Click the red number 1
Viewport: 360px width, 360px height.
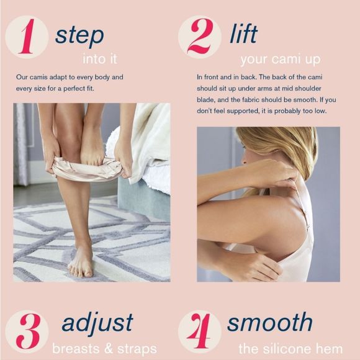pyautogui.click(x=27, y=36)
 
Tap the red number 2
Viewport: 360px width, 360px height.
pyautogui.click(x=200, y=36)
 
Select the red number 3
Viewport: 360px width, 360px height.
pyautogui.click(x=28, y=331)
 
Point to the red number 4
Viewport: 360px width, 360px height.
pyautogui.click(x=199, y=331)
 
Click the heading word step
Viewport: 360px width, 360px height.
pyautogui.click(x=79, y=36)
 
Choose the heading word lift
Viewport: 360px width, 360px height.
pyautogui.click(x=243, y=34)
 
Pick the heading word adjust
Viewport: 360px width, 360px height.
pyautogui.click(x=97, y=323)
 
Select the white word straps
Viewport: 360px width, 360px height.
pyautogui.click(x=137, y=349)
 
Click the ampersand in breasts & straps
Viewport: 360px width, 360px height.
pyautogui.click(x=109, y=348)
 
